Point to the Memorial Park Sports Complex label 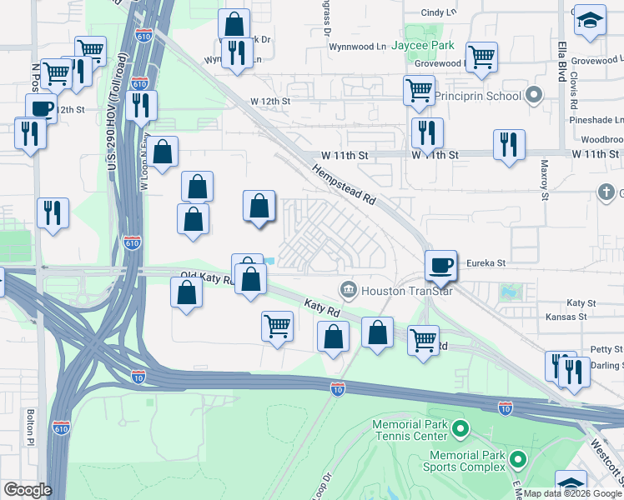(467, 461)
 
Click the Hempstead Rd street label (345, 185)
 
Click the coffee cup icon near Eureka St (440, 265)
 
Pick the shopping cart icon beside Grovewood (481, 57)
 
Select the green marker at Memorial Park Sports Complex (518, 459)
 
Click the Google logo (28, 491)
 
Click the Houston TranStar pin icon (347, 290)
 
